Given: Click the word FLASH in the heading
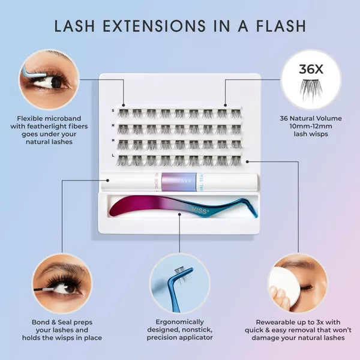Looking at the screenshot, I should coord(277,26).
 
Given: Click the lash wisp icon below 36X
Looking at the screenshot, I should coord(311,87).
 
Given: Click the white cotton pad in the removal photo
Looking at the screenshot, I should coord(280,282).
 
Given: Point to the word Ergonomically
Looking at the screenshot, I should coord(180,321).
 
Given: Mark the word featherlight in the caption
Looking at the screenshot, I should coord(59,126).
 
